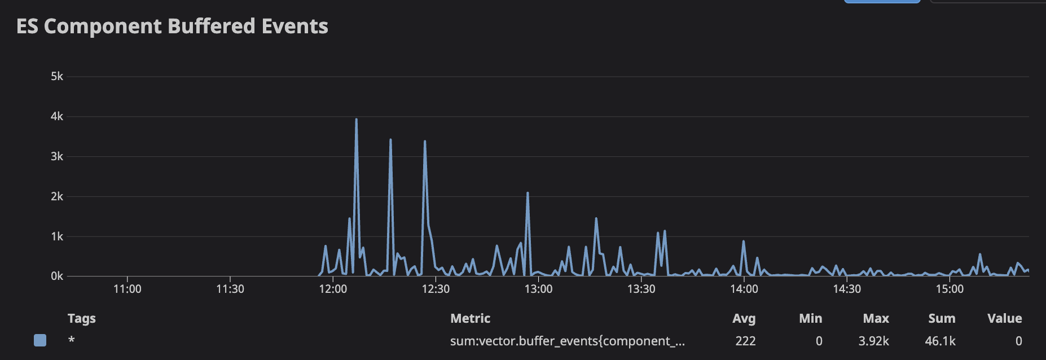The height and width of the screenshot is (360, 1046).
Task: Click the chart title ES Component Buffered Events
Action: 172,27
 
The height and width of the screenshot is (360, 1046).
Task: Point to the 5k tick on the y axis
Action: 57,76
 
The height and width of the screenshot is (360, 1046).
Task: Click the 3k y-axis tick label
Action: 57,156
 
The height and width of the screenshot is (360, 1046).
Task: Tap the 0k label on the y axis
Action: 57,276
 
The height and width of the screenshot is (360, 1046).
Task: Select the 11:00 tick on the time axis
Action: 128,289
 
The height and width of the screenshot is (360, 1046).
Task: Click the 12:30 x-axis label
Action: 436,289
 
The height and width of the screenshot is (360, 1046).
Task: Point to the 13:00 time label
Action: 538,289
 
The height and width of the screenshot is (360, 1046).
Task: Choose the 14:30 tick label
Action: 847,289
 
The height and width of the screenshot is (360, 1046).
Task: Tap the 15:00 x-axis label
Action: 950,289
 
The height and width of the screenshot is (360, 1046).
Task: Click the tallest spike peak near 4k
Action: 356,120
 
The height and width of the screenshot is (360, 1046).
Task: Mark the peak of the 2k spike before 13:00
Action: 528,194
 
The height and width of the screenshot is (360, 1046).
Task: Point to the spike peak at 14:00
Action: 744,242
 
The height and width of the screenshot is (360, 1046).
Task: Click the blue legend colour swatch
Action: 40,340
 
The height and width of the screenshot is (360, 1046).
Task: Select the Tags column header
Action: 82,318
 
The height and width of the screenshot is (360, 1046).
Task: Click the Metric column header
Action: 470,318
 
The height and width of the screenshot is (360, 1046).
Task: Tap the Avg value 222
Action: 745,341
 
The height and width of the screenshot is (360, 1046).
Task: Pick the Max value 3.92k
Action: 873,341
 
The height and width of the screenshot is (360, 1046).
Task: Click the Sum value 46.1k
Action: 940,341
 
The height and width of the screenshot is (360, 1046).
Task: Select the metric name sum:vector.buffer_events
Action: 567,341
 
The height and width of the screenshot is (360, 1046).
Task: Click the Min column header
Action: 810,318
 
